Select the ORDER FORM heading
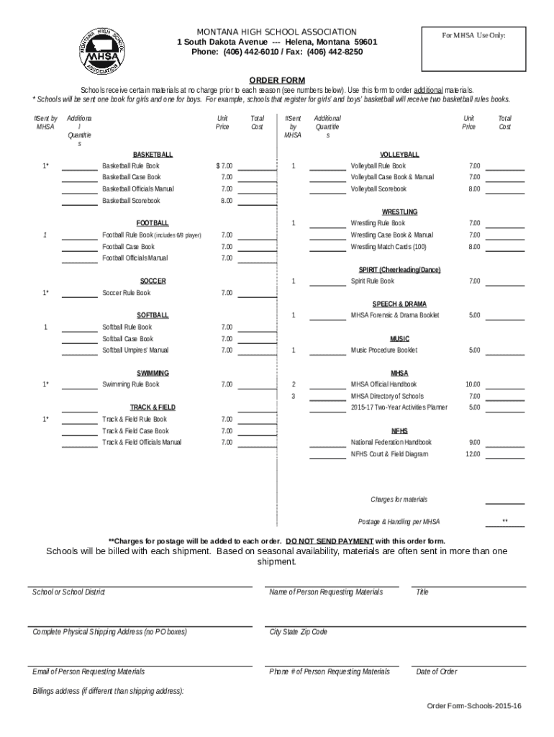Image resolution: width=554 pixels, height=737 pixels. (x=277, y=80)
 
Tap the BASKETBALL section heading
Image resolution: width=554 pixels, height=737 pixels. (x=153, y=155)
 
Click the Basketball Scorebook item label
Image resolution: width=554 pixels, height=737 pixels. (x=131, y=201)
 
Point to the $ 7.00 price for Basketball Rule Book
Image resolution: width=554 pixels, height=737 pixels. (x=224, y=166)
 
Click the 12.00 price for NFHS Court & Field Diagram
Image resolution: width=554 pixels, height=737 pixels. (x=473, y=454)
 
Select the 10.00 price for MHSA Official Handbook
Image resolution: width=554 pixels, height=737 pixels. (x=473, y=384)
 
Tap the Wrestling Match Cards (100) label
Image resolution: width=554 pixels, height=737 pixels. (x=389, y=247)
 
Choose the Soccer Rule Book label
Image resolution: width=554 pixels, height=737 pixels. (x=127, y=293)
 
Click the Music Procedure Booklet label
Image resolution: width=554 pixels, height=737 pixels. (x=383, y=351)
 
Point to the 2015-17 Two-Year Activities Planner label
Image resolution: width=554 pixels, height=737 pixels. (x=399, y=407)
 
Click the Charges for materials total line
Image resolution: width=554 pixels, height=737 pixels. (x=504, y=499)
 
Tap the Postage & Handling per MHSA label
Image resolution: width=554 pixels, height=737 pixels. (x=399, y=522)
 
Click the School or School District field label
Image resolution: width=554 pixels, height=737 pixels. (x=68, y=592)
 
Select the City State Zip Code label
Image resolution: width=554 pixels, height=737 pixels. (x=298, y=632)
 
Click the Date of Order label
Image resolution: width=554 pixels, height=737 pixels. (x=436, y=672)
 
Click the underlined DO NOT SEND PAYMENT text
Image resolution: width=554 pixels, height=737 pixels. (x=329, y=541)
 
